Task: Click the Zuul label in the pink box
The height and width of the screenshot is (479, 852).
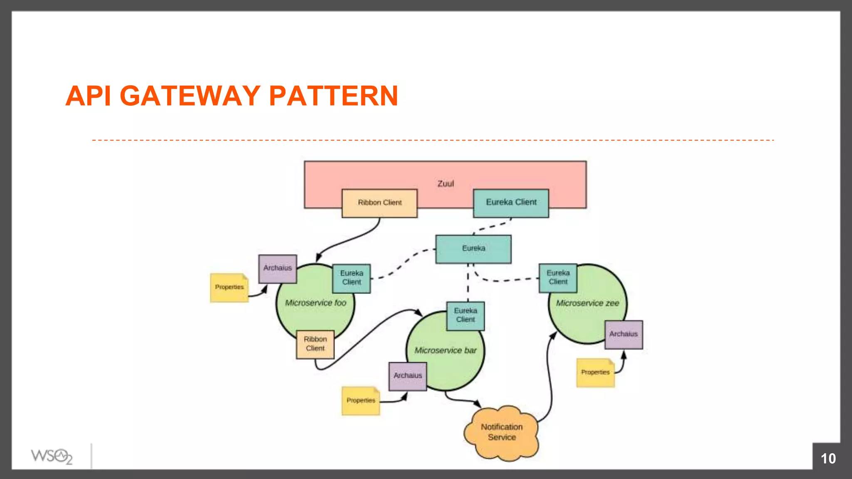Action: (x=446, y=183)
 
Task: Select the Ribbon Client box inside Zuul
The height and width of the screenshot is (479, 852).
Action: (x=379, y=203)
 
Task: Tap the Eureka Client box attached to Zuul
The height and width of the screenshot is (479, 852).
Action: (x=511, y=202)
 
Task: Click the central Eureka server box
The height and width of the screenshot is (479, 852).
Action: (x=473, y=249)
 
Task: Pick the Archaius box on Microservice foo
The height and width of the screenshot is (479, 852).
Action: (x=277, y=269)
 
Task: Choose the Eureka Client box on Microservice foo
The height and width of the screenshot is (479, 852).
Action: (x=352, y=278)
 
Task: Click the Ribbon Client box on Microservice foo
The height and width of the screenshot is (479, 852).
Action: (x=315, y=344)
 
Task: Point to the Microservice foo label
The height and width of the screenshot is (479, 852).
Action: (x=315, y=303)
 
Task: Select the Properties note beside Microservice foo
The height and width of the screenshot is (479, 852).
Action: (x=229, y=287)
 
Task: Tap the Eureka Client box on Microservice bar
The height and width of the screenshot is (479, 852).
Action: (x=465, y=316)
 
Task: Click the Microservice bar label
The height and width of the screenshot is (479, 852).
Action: (x=446, y=351)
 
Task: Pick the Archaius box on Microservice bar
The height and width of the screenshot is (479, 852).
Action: (x=408, y=376)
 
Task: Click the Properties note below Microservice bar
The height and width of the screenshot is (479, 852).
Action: (x=361, y=401)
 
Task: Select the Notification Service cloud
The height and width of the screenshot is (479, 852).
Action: (x=502, y=432)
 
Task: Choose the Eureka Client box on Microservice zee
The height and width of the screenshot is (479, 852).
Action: (x=558, y=278)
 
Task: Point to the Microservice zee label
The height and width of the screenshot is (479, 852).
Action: (x=587, y=304)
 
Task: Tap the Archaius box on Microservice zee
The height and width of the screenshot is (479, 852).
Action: (x=623, y=334)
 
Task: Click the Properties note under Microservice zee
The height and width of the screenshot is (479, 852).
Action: (x=595, y=373)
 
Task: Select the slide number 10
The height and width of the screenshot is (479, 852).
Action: (x=828, y=459)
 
